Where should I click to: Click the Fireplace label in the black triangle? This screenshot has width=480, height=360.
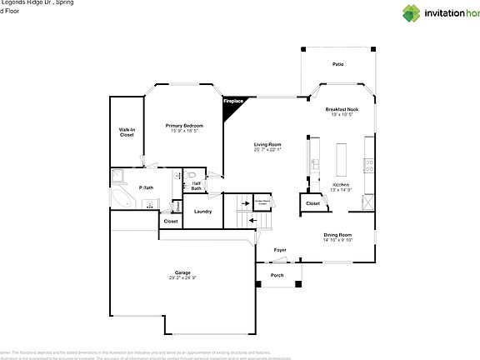tap(232, 101)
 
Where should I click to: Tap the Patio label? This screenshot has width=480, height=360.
tap(337, 63)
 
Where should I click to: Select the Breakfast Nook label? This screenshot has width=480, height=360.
tap(342, 109)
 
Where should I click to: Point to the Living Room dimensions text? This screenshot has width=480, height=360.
tap(267, 150)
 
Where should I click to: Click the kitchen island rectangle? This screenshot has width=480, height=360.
tap(340, 157)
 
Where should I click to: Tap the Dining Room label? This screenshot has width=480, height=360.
tap(337, 235)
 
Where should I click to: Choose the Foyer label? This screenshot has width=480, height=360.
tap(280, 249)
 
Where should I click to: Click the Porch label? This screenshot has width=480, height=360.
tap(276, 276)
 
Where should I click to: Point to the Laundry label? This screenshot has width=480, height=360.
tap(202, 212)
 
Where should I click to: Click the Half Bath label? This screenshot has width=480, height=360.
tap(196, 187)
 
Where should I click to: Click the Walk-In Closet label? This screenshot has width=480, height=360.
tap(127, 132)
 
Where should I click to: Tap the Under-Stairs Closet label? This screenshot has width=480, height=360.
tap(265, 201)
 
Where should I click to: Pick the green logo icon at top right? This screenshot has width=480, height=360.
tap(412, 12)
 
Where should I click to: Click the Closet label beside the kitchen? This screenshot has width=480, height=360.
tap(312, 203)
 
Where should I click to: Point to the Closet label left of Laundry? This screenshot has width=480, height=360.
tap(170, 222)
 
